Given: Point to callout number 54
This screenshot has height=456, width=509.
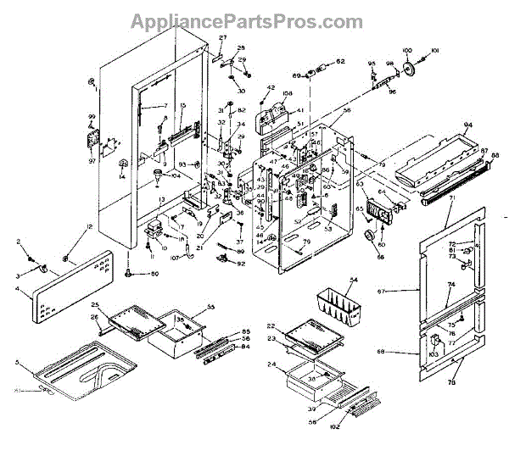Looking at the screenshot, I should coord(354,280).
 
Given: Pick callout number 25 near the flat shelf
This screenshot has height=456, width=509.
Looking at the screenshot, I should coord(96,303).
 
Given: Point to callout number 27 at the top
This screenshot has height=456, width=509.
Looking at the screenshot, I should coord(223,39).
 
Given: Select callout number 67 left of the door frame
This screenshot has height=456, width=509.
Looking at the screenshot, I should coord(406,291).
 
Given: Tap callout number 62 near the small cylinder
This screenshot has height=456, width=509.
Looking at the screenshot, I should coord(340,62).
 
